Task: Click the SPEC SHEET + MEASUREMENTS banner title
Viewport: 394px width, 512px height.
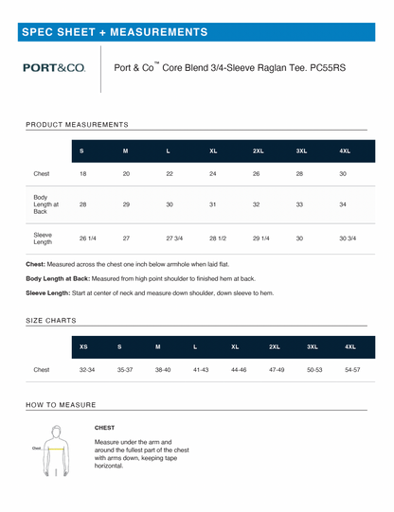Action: tap(115, 31)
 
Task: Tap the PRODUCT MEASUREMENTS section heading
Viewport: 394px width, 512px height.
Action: tap(77, 124)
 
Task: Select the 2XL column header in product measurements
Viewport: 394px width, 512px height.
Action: tap(258, 150)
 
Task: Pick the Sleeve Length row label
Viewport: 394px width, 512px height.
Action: tap(43, 238)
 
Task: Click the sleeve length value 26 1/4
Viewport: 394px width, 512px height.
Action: tap(87, 238)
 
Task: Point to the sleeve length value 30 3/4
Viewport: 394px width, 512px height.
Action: tap(347, 238)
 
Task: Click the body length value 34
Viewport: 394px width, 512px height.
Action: tap(343, 204)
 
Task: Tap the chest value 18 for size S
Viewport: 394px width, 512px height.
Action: tap(82, 174)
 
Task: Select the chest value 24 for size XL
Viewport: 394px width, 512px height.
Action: tap(213, 174)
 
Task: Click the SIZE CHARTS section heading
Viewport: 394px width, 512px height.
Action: tap(51, 321)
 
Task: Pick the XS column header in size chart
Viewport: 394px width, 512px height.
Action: tap(84, 346)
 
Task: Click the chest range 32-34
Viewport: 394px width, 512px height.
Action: tap(87, 371)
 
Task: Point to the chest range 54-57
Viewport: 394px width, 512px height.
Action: tap(352, 371)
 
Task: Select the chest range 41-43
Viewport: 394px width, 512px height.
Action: tap(199, 371)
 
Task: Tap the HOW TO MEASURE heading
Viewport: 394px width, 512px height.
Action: tap(61, 404)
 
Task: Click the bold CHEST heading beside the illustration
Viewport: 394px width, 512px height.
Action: tap(105, 428)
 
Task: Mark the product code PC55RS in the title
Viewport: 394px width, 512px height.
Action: tap(327, 68)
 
